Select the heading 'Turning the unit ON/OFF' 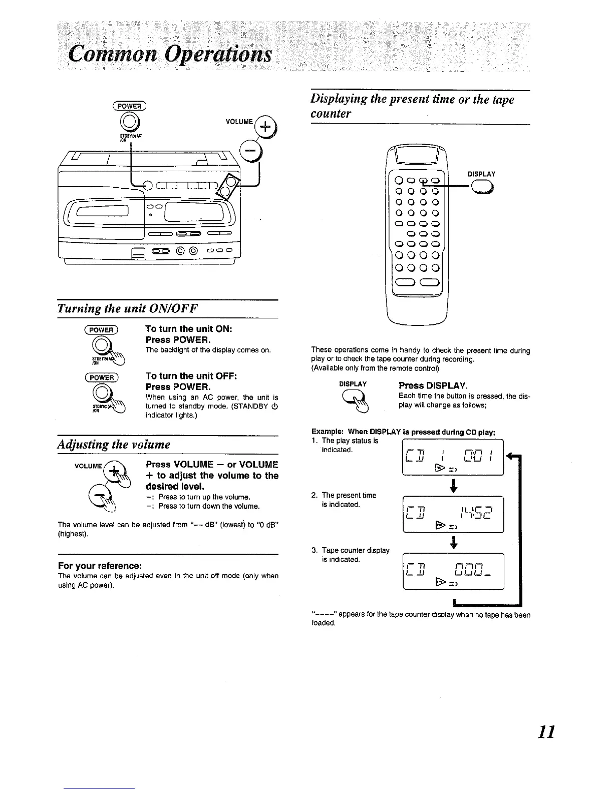click(128, 308)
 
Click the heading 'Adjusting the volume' click(114, 445)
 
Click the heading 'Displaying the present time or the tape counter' click(413, 107)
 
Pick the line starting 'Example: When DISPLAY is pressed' click(403, 432)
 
